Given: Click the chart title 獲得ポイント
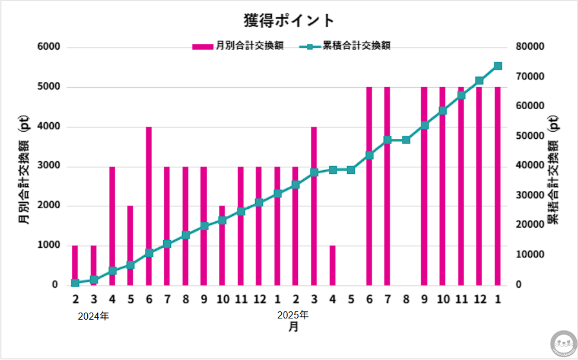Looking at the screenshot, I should pyautogui.click(x=289, y=20).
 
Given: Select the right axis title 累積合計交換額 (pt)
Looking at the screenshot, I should pyautogui.click(x=552, y=169).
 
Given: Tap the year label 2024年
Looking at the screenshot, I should pyautogui.click(x=94, y=316).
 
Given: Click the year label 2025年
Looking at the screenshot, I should pyautogui.click(x=293, y=315).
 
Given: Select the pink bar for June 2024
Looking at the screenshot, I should pyautogui.click(x=149, y=205).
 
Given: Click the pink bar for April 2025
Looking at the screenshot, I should pyautogui.click(x=332, y=265).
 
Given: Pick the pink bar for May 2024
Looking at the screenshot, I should pyautogui.click(x=131, y=244).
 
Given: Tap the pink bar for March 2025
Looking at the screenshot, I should pyautogui.click(x=314, y=205).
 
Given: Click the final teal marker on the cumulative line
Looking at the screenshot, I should pyautogui.click(x=498, y=66).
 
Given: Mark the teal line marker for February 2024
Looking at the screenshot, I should pyautogui.click(x=75, y=283).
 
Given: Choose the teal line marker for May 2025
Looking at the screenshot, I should pyautogui.click(x=351, y=170).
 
